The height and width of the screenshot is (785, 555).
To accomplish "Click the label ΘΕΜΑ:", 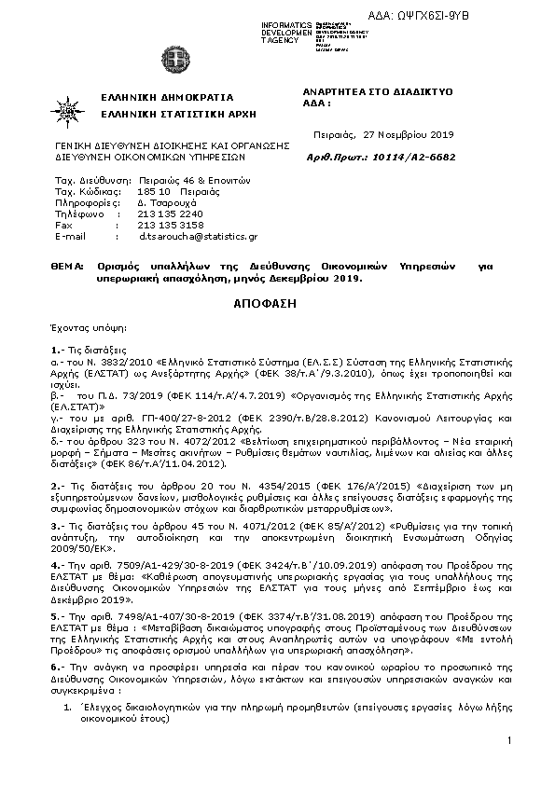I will (68, 266).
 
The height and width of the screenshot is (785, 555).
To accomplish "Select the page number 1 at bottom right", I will (511, 739).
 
